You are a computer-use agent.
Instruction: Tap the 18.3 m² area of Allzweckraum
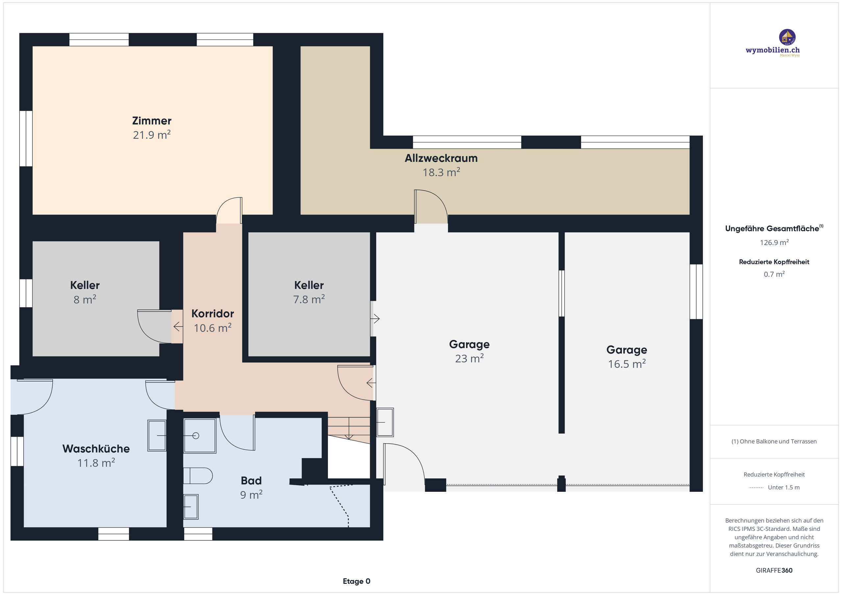click(x=441, y=172)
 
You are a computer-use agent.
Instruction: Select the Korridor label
click(x=212, y=314)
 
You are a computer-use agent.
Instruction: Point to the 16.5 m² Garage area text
click(x=627, y=364)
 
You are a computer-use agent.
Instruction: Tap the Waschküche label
click(x=96, y=449)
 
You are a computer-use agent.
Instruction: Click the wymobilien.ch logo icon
click(x=787, y=37)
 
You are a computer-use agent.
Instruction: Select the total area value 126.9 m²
click(x=774, y=242)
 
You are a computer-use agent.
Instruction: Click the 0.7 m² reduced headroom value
click(x=774, y=274)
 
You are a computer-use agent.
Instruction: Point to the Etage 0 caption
click(x=357, y=581)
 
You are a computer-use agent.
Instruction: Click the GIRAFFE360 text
click(x=774, y=570)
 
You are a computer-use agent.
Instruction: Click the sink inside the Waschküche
click(x=157, y=435)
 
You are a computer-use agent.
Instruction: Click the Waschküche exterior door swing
click(x=35, y=398)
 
